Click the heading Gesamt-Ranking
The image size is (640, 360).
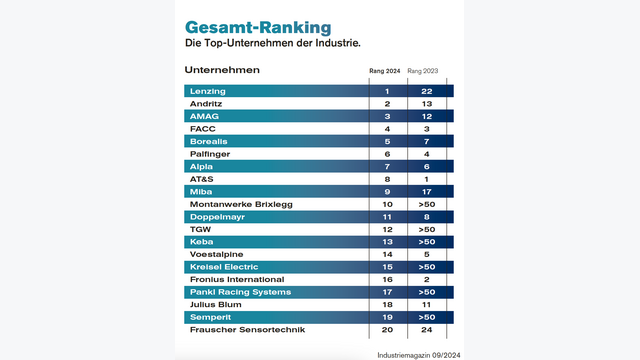click(x=258, y=26)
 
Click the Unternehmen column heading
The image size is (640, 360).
click(x=222, y=70)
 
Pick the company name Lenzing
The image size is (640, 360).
click(x=207, y=91)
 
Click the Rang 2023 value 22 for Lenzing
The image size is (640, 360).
click(x=427, y=91)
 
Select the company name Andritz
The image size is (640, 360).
click(x=205, y=104)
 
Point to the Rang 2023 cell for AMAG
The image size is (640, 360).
click(x=427, y=116)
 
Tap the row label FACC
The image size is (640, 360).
click(x=202, y=129)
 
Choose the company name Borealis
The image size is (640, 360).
click(x=209, y=141)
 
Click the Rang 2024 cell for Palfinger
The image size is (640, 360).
click(x=386, y=154)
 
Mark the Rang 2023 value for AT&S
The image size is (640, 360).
click(x=427, y=179)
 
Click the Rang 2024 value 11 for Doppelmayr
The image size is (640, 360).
click(x=386, y=216)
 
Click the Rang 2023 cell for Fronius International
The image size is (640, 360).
click(x=427, y=279)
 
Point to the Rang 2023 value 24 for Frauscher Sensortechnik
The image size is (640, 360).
click(x=427, y=329)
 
